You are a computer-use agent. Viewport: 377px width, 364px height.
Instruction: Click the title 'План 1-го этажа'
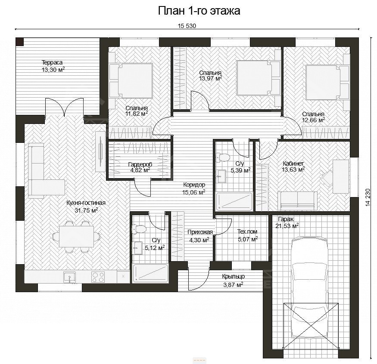click(x=199, y=11)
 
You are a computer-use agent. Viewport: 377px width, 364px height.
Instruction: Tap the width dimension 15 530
click(x=187, y=26)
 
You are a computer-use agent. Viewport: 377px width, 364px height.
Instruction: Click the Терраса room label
click(x=52, y=62)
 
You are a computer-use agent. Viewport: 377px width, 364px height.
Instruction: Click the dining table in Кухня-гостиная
click(x=76, y=237)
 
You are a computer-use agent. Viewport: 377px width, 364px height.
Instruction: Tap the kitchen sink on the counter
click(x=70, y=277)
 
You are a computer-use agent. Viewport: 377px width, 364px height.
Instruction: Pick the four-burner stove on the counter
click(x=99, y=277)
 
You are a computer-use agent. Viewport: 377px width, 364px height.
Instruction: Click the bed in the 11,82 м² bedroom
click(x=131, y=80)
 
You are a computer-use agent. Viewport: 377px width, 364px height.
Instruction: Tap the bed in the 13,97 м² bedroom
click(x=259, y=78)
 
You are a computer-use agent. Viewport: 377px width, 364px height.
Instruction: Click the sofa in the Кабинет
click(x=297, y=201)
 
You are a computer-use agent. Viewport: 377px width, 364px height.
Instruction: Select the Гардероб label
click(x=140, y=164)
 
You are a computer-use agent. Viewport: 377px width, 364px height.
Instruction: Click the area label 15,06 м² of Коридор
click(x=194, y=192)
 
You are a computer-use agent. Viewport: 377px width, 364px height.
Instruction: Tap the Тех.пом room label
click(x=247, y=232)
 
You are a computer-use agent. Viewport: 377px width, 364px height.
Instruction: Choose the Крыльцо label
click(x=233, y=276)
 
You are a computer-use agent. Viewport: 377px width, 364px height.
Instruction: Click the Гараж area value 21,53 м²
click(x=287, y=225)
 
